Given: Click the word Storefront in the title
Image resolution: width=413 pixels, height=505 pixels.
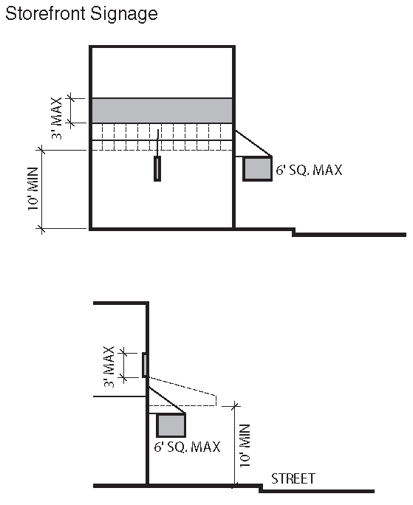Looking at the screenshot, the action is pos(46,13).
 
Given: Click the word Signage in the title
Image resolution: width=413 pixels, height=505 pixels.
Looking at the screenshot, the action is pos(124,15).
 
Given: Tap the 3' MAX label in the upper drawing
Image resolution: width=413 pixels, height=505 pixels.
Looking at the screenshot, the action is pos(57,118).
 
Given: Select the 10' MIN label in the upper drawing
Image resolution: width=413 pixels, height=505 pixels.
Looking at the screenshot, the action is pos(33,189).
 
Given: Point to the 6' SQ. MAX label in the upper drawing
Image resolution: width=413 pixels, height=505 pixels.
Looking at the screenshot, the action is pos(309,170).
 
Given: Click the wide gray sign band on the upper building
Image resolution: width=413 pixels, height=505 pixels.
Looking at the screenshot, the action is pos(162,111).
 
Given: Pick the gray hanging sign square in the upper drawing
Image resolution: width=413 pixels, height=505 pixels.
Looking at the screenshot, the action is pos(257,169).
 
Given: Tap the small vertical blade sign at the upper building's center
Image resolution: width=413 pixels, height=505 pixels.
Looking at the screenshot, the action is pos(157,169).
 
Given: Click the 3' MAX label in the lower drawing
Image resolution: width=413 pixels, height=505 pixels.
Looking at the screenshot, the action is pos(109,366).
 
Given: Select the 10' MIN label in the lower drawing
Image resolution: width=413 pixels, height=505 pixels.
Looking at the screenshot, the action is pos(245,446).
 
